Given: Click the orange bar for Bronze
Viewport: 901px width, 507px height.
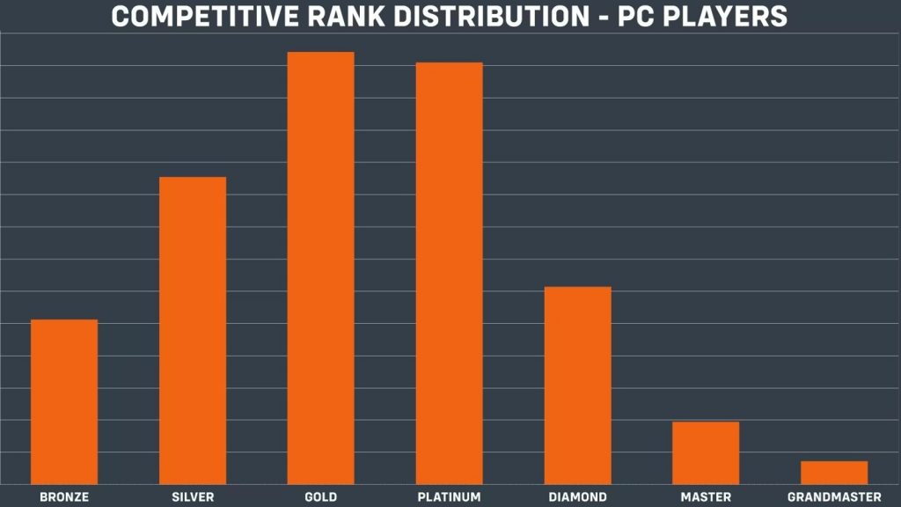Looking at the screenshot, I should (64, 400).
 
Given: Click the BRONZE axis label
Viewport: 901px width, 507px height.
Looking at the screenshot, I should (64, 497).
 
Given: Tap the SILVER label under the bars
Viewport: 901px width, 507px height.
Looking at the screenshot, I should (193, 497).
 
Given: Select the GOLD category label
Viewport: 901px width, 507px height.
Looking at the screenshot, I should (321, 497).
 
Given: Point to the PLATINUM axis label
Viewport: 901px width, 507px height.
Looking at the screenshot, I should (449, 497).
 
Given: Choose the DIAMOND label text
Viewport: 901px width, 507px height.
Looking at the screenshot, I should (577, 497).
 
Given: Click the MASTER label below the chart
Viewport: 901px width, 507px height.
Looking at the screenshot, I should (706, 497).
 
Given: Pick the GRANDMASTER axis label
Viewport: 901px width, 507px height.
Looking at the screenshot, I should (834, 497).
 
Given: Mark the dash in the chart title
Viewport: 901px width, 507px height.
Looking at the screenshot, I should (597, 17).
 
